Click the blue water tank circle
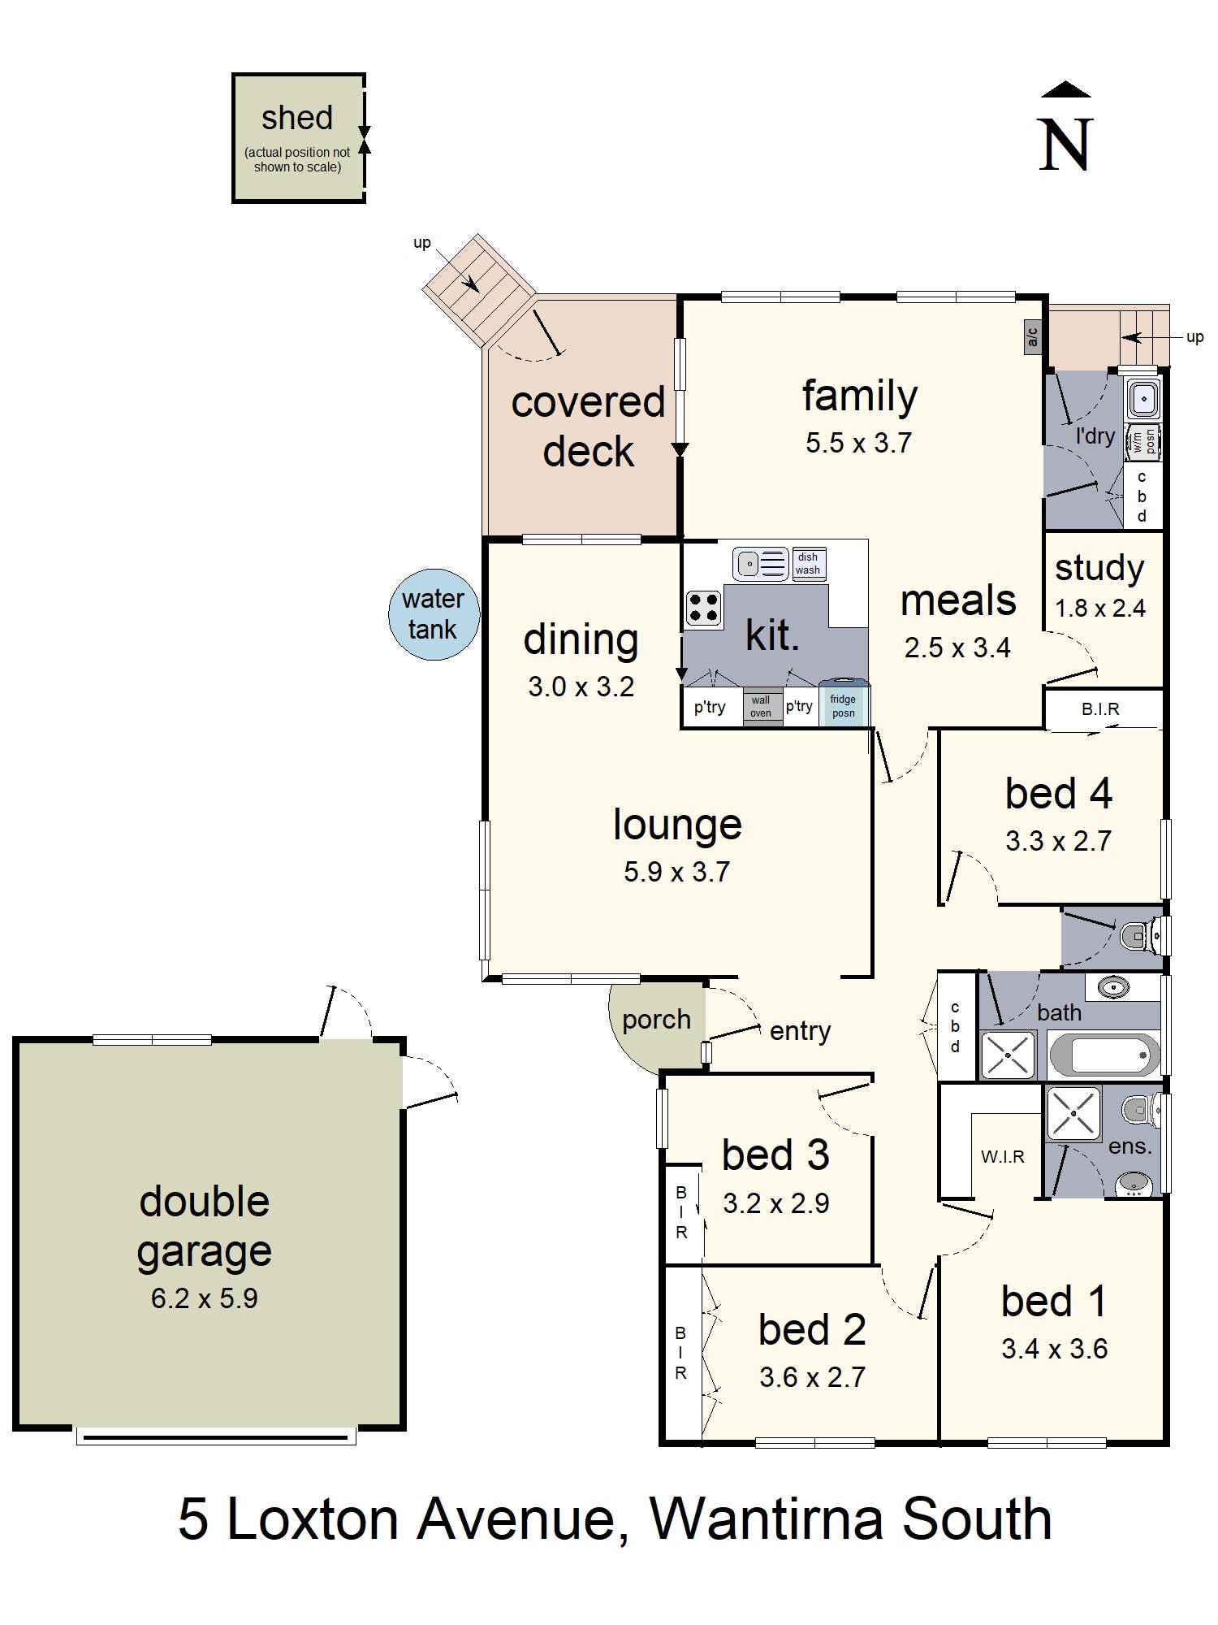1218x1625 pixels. tap(434, 614)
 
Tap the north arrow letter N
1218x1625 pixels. tap(1065, 145)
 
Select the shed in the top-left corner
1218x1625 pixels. tap(298, 138)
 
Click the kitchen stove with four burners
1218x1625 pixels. tap(703, 608)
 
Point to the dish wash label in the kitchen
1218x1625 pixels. tap(808, 563)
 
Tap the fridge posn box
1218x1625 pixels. tap(843, 704)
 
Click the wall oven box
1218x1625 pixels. tap(761, 706)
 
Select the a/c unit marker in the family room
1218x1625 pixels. tap(1032, 336)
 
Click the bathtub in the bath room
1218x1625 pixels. tap(1104, 1055)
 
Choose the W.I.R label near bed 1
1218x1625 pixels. tap(1003, 1156)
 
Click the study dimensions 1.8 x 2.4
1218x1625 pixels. tap(1100, 608)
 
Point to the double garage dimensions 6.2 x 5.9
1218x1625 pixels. tap(205, 1298)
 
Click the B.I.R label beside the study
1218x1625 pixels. tap(1100, 709)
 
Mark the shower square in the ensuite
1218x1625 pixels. tap(1073, 1113)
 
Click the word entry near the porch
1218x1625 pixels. tap(801, 1031)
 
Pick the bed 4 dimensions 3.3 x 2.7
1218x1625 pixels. tap(1058, 841)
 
